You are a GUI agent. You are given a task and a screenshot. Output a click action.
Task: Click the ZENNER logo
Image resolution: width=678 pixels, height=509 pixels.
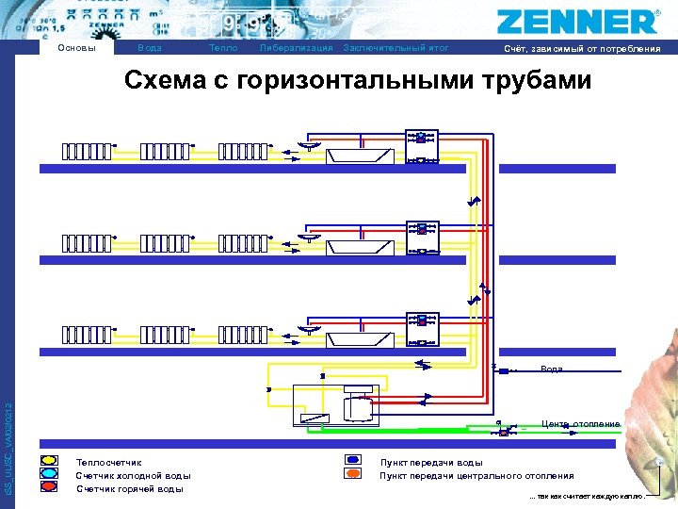tap(575, 21)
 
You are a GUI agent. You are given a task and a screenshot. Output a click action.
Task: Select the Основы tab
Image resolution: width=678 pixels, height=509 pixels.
tap(76, 48)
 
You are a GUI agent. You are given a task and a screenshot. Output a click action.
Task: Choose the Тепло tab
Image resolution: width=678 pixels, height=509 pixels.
tap(223, 48)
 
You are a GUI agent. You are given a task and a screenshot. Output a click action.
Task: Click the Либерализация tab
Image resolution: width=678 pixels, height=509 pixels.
tap(296, 48)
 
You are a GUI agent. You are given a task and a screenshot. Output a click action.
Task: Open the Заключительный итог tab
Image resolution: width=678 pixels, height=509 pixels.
tap(396, 48)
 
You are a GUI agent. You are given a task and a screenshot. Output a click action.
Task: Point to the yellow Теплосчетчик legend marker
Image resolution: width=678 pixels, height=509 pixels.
tap(49, 461)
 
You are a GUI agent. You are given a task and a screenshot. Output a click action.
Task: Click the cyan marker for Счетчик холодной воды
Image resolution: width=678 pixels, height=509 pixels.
tap(49, 474)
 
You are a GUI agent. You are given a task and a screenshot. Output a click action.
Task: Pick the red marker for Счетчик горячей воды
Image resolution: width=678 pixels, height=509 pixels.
tap(49, 487)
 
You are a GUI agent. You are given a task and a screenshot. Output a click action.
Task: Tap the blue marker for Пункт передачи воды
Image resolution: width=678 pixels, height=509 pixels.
tap(353, 461)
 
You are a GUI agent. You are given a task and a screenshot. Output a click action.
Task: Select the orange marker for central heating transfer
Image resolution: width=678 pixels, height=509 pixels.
tap(353, 474)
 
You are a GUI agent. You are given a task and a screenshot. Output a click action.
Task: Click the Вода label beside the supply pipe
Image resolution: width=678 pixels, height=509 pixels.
tap(552, 369)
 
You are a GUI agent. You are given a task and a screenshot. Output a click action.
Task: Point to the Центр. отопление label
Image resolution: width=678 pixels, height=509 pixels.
tap(581, 424)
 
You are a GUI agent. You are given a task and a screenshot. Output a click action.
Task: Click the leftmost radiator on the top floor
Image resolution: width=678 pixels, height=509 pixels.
tap(87, 151)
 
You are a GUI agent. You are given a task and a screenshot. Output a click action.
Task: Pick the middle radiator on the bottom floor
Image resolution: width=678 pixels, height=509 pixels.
tap(165, 335)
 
